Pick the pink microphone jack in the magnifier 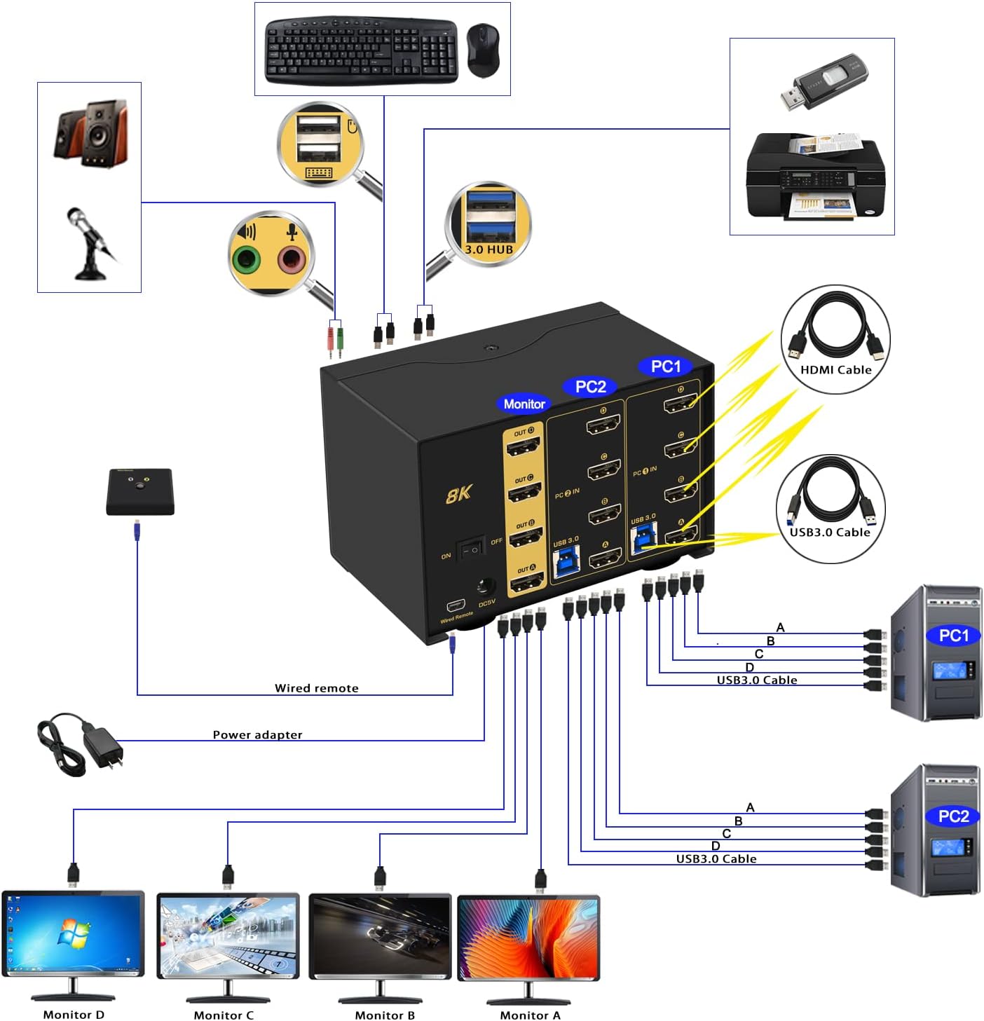pyautogui.click(x=292, y=260)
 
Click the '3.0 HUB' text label pyautogui.click(x=489, y=249)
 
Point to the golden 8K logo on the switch pyautogui.click(x=459, y=495)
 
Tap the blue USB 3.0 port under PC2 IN pyautogui.click(x=566, y=561)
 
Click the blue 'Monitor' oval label pyautogui.click(x=524, y=404)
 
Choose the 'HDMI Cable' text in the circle pyautogui.click(x=835, y=370)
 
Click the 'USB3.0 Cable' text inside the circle pyautogui.click(x=830, y=532)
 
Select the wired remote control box pyautogui.click(x=140, y=491)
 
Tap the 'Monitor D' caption pyautogui.click(x=74, y=1014)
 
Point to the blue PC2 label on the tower pyautogui.click(x=953, y=816)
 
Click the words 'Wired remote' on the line pyautogui.click(x=316, y=688)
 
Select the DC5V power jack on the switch pyautogui.click(x=486, y=587)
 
